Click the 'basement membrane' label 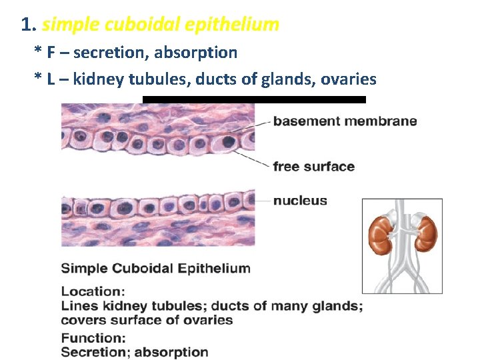click(345, 121)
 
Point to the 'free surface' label click(313, 167)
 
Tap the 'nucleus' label click(300, 201)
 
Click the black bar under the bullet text click(254, 99)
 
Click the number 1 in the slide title click(25, 25)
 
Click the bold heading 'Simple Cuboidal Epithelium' click(155, 269)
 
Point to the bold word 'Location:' click(93, 291)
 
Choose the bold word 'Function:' click(93, 339)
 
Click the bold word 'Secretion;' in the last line click(93, 352)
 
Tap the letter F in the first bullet click(51, 52)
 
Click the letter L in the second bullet click(51, 79)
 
